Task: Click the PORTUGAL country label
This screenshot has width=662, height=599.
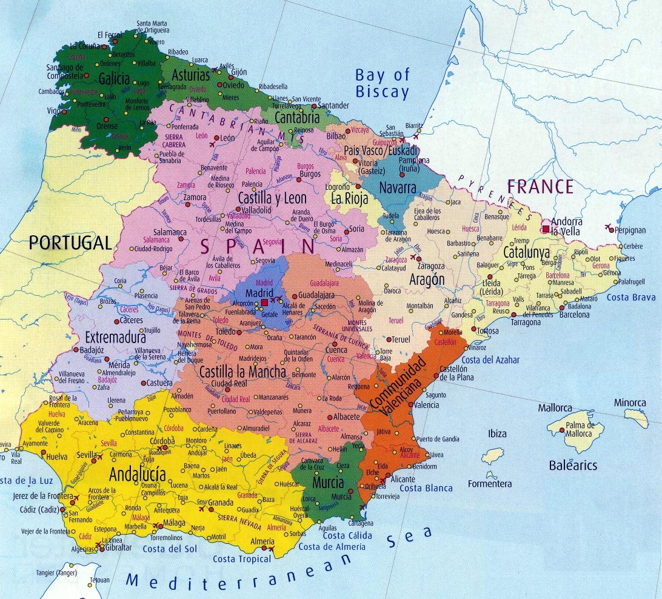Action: click(x=70, y=243)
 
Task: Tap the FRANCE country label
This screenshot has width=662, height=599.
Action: click(x=540, y=186)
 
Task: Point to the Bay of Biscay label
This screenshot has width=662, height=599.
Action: click(x=382, y=84)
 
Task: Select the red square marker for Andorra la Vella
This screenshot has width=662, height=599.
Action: click(x=546, y=229)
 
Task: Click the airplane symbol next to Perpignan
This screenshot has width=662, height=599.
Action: click(x=608, y=227)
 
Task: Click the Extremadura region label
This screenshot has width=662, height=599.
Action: click(x=115, y=336)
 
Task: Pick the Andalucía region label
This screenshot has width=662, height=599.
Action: click(x=137, y=475)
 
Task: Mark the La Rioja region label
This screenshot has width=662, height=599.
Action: click(x=350, y=198)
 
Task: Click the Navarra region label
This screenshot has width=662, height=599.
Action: click(x=397, y=187)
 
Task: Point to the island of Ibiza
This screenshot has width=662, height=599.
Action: click(x=493, y=456)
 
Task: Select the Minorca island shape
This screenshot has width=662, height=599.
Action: click(x=637, y=417)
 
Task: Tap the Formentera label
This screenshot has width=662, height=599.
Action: click(x=489, y=484)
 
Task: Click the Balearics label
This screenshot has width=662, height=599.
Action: click(x=572, y=466)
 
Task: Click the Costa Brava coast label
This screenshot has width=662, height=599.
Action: click(x=631, y=297)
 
